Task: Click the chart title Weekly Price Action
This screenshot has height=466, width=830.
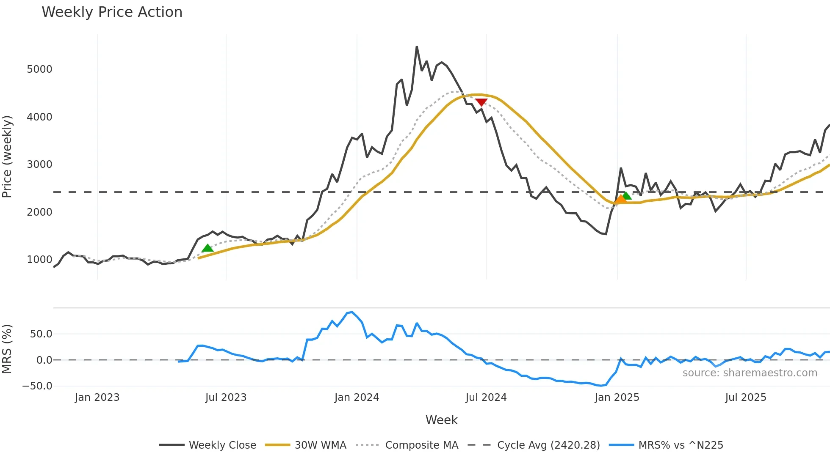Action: point(112,12)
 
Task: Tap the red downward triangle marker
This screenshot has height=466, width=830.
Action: point(481,102)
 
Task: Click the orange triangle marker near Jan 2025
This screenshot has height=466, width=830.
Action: point(620,199)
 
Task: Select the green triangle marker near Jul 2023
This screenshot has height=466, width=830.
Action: point(207,248)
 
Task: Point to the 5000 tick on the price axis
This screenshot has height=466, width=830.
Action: point(39,69)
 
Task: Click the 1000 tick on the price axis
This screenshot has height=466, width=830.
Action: point(39,260)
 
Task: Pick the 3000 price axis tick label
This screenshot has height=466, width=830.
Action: point(39,164)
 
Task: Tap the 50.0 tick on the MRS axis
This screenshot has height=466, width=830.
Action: point(41,334)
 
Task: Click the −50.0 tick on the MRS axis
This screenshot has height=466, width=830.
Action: point(37,386)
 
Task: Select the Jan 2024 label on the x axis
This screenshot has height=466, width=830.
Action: point(357,397)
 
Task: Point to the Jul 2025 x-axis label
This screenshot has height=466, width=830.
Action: point(745,397)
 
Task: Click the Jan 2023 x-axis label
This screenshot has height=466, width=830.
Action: point(97,397)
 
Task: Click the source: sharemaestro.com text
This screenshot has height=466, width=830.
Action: point(750,373)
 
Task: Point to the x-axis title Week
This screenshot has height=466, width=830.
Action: point(441,420)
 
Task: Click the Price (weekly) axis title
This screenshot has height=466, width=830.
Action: point(7,156)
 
